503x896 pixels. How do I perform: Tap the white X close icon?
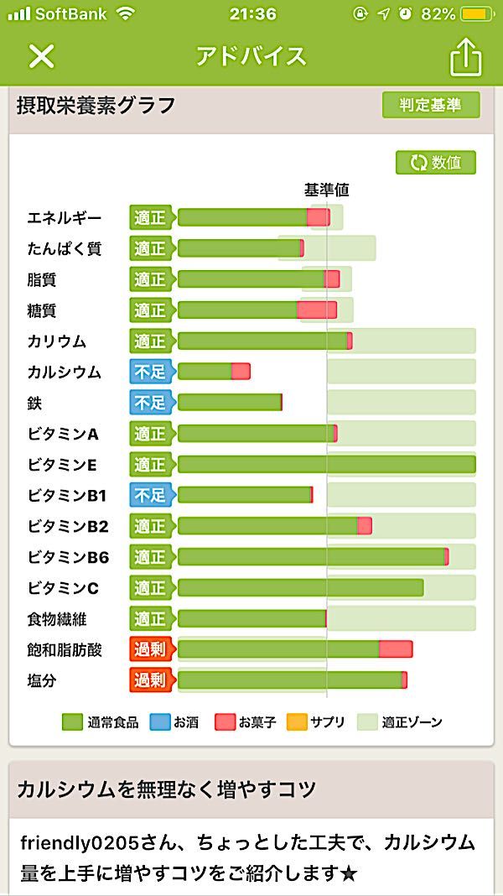pos(41,56)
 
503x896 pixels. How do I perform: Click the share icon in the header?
pos(466,57)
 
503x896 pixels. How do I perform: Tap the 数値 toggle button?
pos(436,163)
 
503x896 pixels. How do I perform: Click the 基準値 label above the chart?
pos(326,190)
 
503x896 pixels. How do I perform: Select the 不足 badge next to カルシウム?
pos(150,372)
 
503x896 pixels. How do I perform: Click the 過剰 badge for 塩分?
pos(150,680)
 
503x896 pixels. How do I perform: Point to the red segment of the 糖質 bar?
pos(317,310)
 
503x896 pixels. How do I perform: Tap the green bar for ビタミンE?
pos(326,464)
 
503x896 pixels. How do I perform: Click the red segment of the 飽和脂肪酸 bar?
pos(395,649)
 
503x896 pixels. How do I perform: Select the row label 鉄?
pos(34,403)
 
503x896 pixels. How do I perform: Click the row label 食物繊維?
pos(57,619)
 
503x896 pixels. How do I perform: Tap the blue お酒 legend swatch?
pos(160,721)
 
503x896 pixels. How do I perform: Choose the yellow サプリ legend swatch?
pos(296,721)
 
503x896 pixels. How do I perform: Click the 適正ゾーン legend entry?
pos(399,721)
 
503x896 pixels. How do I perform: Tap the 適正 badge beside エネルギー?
pos(150,217)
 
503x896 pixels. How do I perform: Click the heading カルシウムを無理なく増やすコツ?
pos(167,789)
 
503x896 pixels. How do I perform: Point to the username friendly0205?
pos(71,842)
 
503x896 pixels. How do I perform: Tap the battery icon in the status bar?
pos(479,14)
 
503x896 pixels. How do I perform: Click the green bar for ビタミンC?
pos(300,587)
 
